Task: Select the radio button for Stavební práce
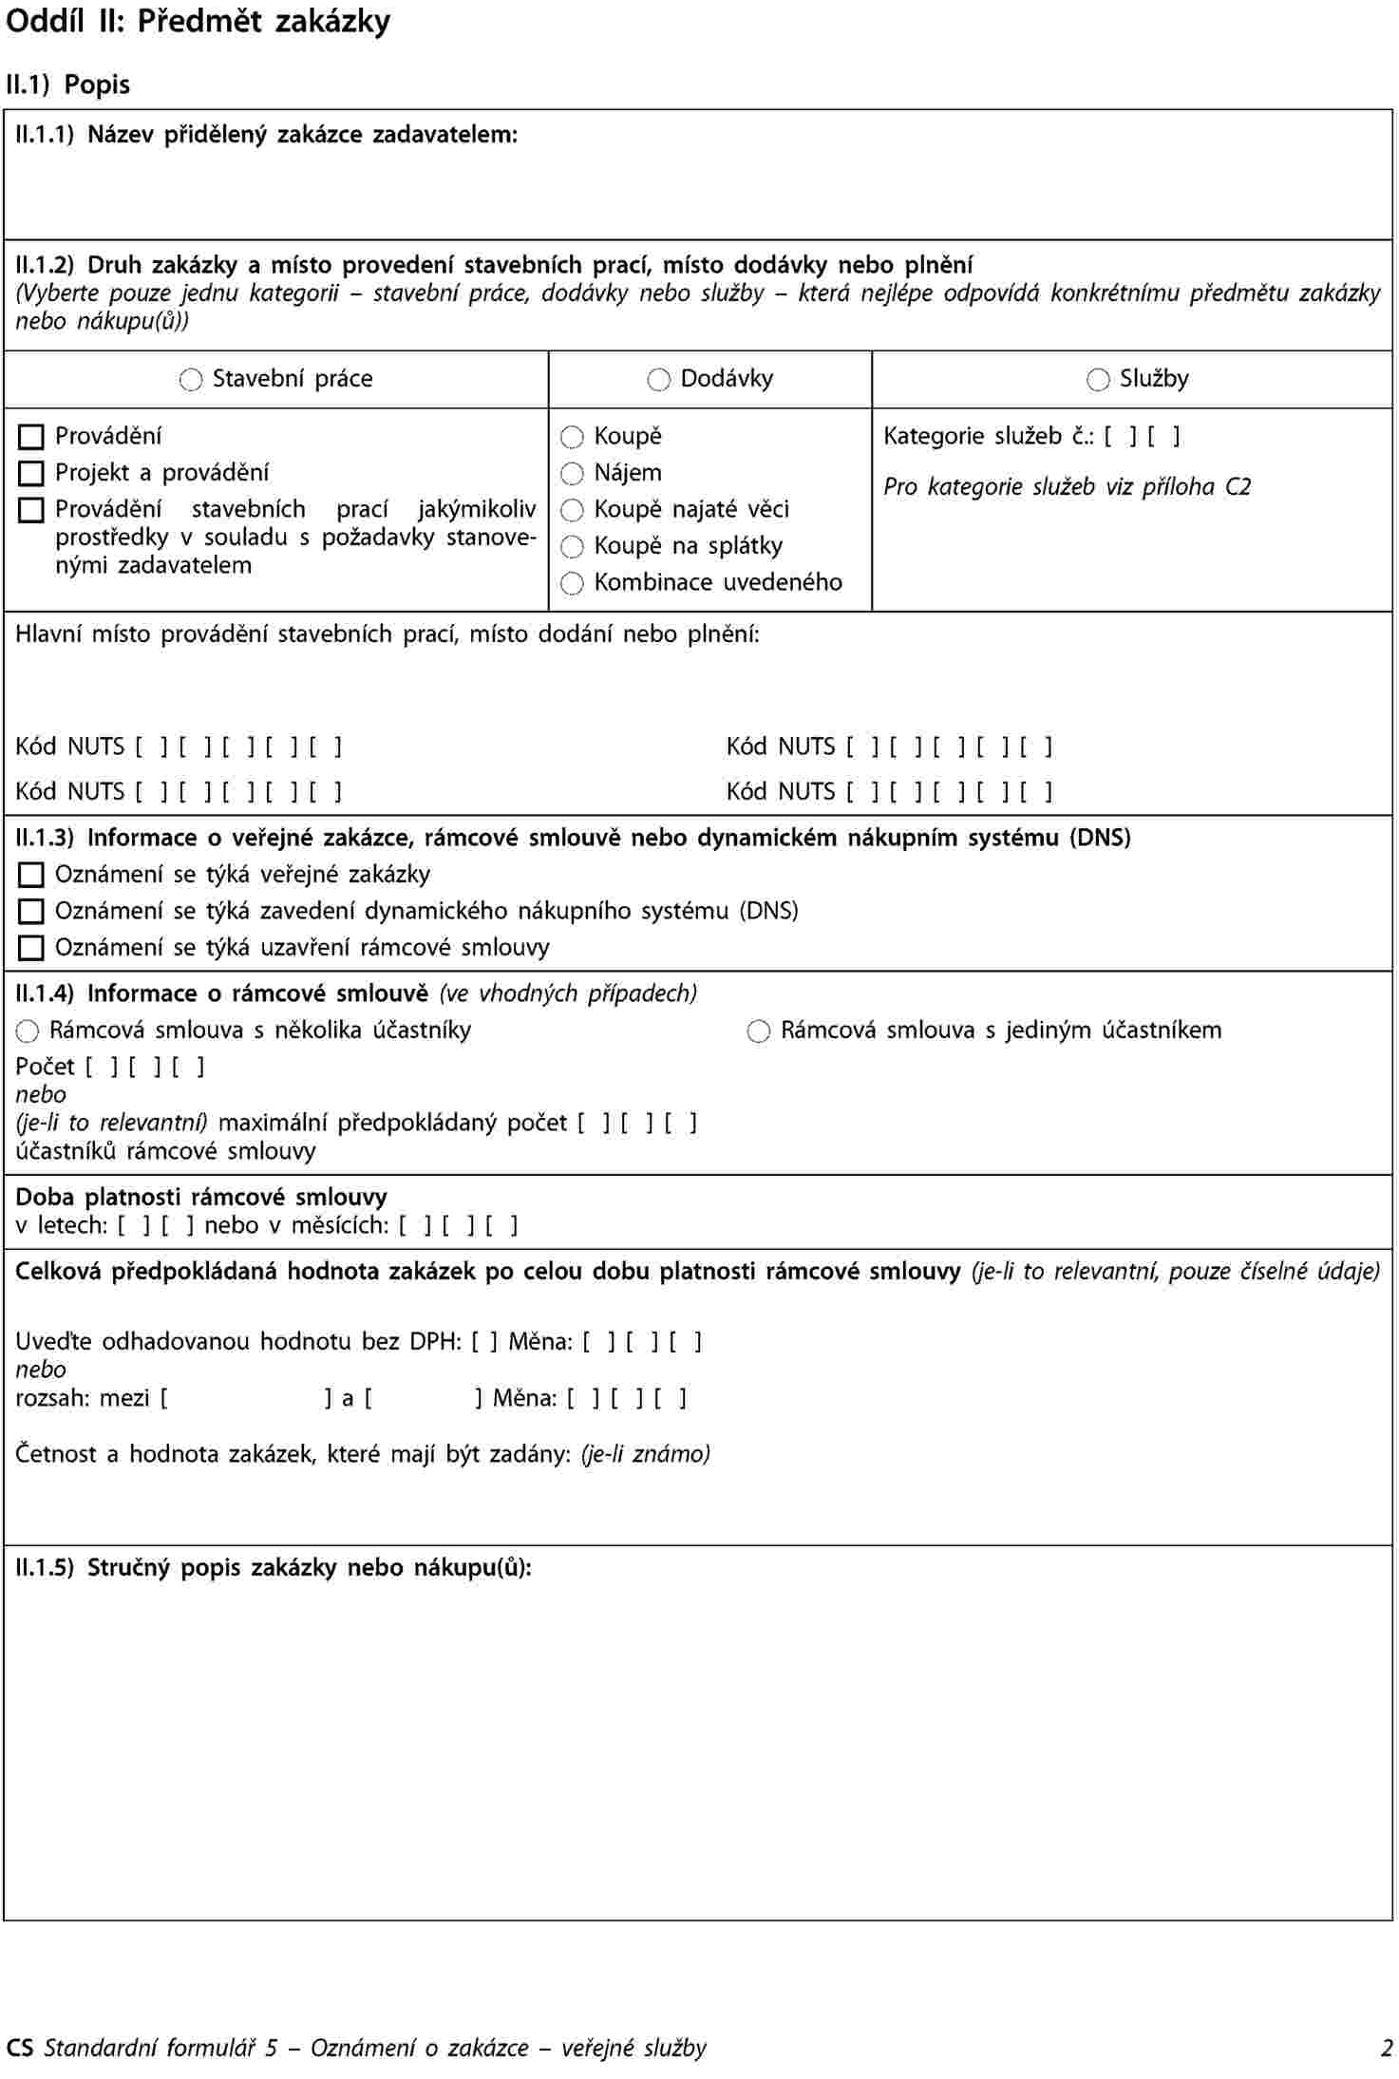pos(191,381)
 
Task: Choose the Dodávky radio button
pos(658,381)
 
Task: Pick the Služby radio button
pos(1098,381)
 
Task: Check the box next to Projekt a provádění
pos(31,474)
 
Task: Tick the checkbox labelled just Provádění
pos(31,437)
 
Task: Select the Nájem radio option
pos(572,474)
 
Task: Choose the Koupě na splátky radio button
pos(572,547)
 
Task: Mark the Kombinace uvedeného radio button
pos(572,583)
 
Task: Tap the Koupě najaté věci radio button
pos(572,511)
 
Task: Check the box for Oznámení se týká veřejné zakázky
pos(31,875)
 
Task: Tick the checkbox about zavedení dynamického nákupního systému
pos(31,912)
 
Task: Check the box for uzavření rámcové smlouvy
pos(31,948)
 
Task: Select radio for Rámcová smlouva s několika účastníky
pos(28,1031)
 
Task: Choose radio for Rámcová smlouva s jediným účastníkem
pos(759,1031)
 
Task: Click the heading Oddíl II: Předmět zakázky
pos(198,21)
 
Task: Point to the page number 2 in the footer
pos(1387,2048)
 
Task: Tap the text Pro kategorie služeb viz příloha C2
pos(1067,487)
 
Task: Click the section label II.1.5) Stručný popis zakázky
pos(274,1567)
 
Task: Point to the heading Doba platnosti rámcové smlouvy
pos(201,1197)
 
